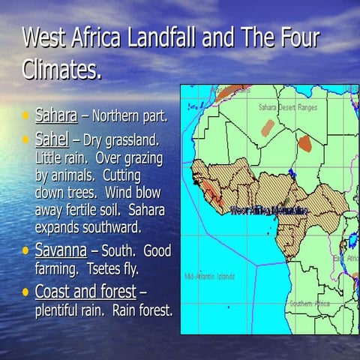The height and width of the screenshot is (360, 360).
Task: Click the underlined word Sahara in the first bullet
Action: [56, 116]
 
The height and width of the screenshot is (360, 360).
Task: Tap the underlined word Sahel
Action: [52, 139]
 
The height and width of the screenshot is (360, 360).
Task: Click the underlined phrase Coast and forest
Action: [85, 291]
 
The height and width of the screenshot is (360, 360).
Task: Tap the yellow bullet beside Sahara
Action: [26, 116]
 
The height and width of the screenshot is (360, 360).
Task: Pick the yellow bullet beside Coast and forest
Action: [26, 291]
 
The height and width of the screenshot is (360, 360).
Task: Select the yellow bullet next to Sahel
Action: [26, 140]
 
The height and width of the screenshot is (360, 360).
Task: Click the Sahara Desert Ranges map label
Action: [288, 107]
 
